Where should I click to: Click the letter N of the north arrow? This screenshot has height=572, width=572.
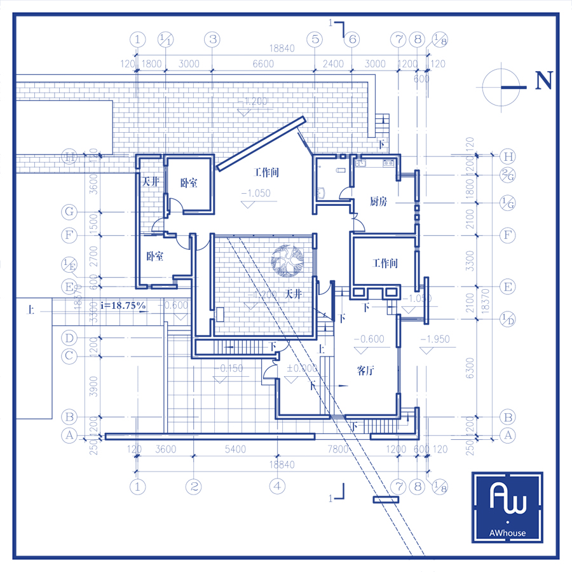pos(544,81)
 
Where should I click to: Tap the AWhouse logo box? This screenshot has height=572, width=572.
pos(507,507)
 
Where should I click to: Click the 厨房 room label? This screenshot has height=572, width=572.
pos(379,202)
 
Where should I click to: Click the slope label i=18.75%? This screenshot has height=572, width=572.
pos(123,306)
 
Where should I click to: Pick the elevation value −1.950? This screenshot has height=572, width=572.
pos(435,339)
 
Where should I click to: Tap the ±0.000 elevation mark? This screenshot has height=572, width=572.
pos(302,368)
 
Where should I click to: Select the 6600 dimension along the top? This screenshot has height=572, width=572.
pos(263,64)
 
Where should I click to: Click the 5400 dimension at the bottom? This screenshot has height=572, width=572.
pos(235,449)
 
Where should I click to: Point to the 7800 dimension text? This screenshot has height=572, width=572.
pos(337,449)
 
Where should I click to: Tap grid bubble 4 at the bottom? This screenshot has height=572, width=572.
pos(276,487)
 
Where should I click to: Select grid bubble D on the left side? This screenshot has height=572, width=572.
pos(69,337)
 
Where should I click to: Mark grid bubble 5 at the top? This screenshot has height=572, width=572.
pos(314,39)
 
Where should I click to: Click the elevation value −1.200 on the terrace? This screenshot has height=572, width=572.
pos(252,101)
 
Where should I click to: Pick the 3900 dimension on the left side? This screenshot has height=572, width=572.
pos(94,386)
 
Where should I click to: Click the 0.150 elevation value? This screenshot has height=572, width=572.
pos(231,368)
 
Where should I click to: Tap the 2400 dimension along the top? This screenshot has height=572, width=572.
pos(333,64)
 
